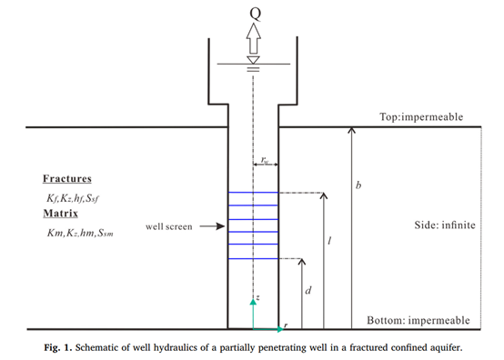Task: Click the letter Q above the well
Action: [256, 14]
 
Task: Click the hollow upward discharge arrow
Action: [254, 38]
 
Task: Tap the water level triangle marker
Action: [253, 60]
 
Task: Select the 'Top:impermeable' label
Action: [421, 117]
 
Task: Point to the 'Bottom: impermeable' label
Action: [418, 320]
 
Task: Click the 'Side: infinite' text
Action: [445, 225]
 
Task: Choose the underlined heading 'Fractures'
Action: [67, 178]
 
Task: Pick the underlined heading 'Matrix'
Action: [60, 214]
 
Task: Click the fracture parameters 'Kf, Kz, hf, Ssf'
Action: [73, 198]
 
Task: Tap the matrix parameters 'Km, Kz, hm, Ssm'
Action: [80, 233]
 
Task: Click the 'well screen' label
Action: [168, 226]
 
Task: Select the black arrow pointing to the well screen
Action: [212, 226]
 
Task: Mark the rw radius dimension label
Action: [265, 160]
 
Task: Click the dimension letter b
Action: [358, 185]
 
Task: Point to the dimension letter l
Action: [329, 241]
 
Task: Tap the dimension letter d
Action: [307, 290]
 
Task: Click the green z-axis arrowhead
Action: [253, 302]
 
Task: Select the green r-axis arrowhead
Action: [280, 329]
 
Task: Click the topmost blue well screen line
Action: [253, 193]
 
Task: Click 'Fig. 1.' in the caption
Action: [58, 347]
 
